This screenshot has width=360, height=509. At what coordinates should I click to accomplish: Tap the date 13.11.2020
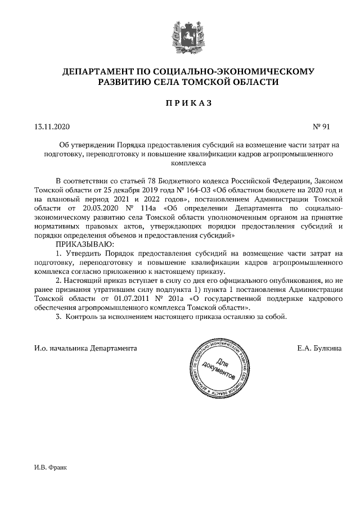[x=51, y=127]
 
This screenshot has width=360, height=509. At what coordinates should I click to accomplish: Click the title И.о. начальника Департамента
[x=85, y=348]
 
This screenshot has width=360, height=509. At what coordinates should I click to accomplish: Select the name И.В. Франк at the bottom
[x=50, y=467]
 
